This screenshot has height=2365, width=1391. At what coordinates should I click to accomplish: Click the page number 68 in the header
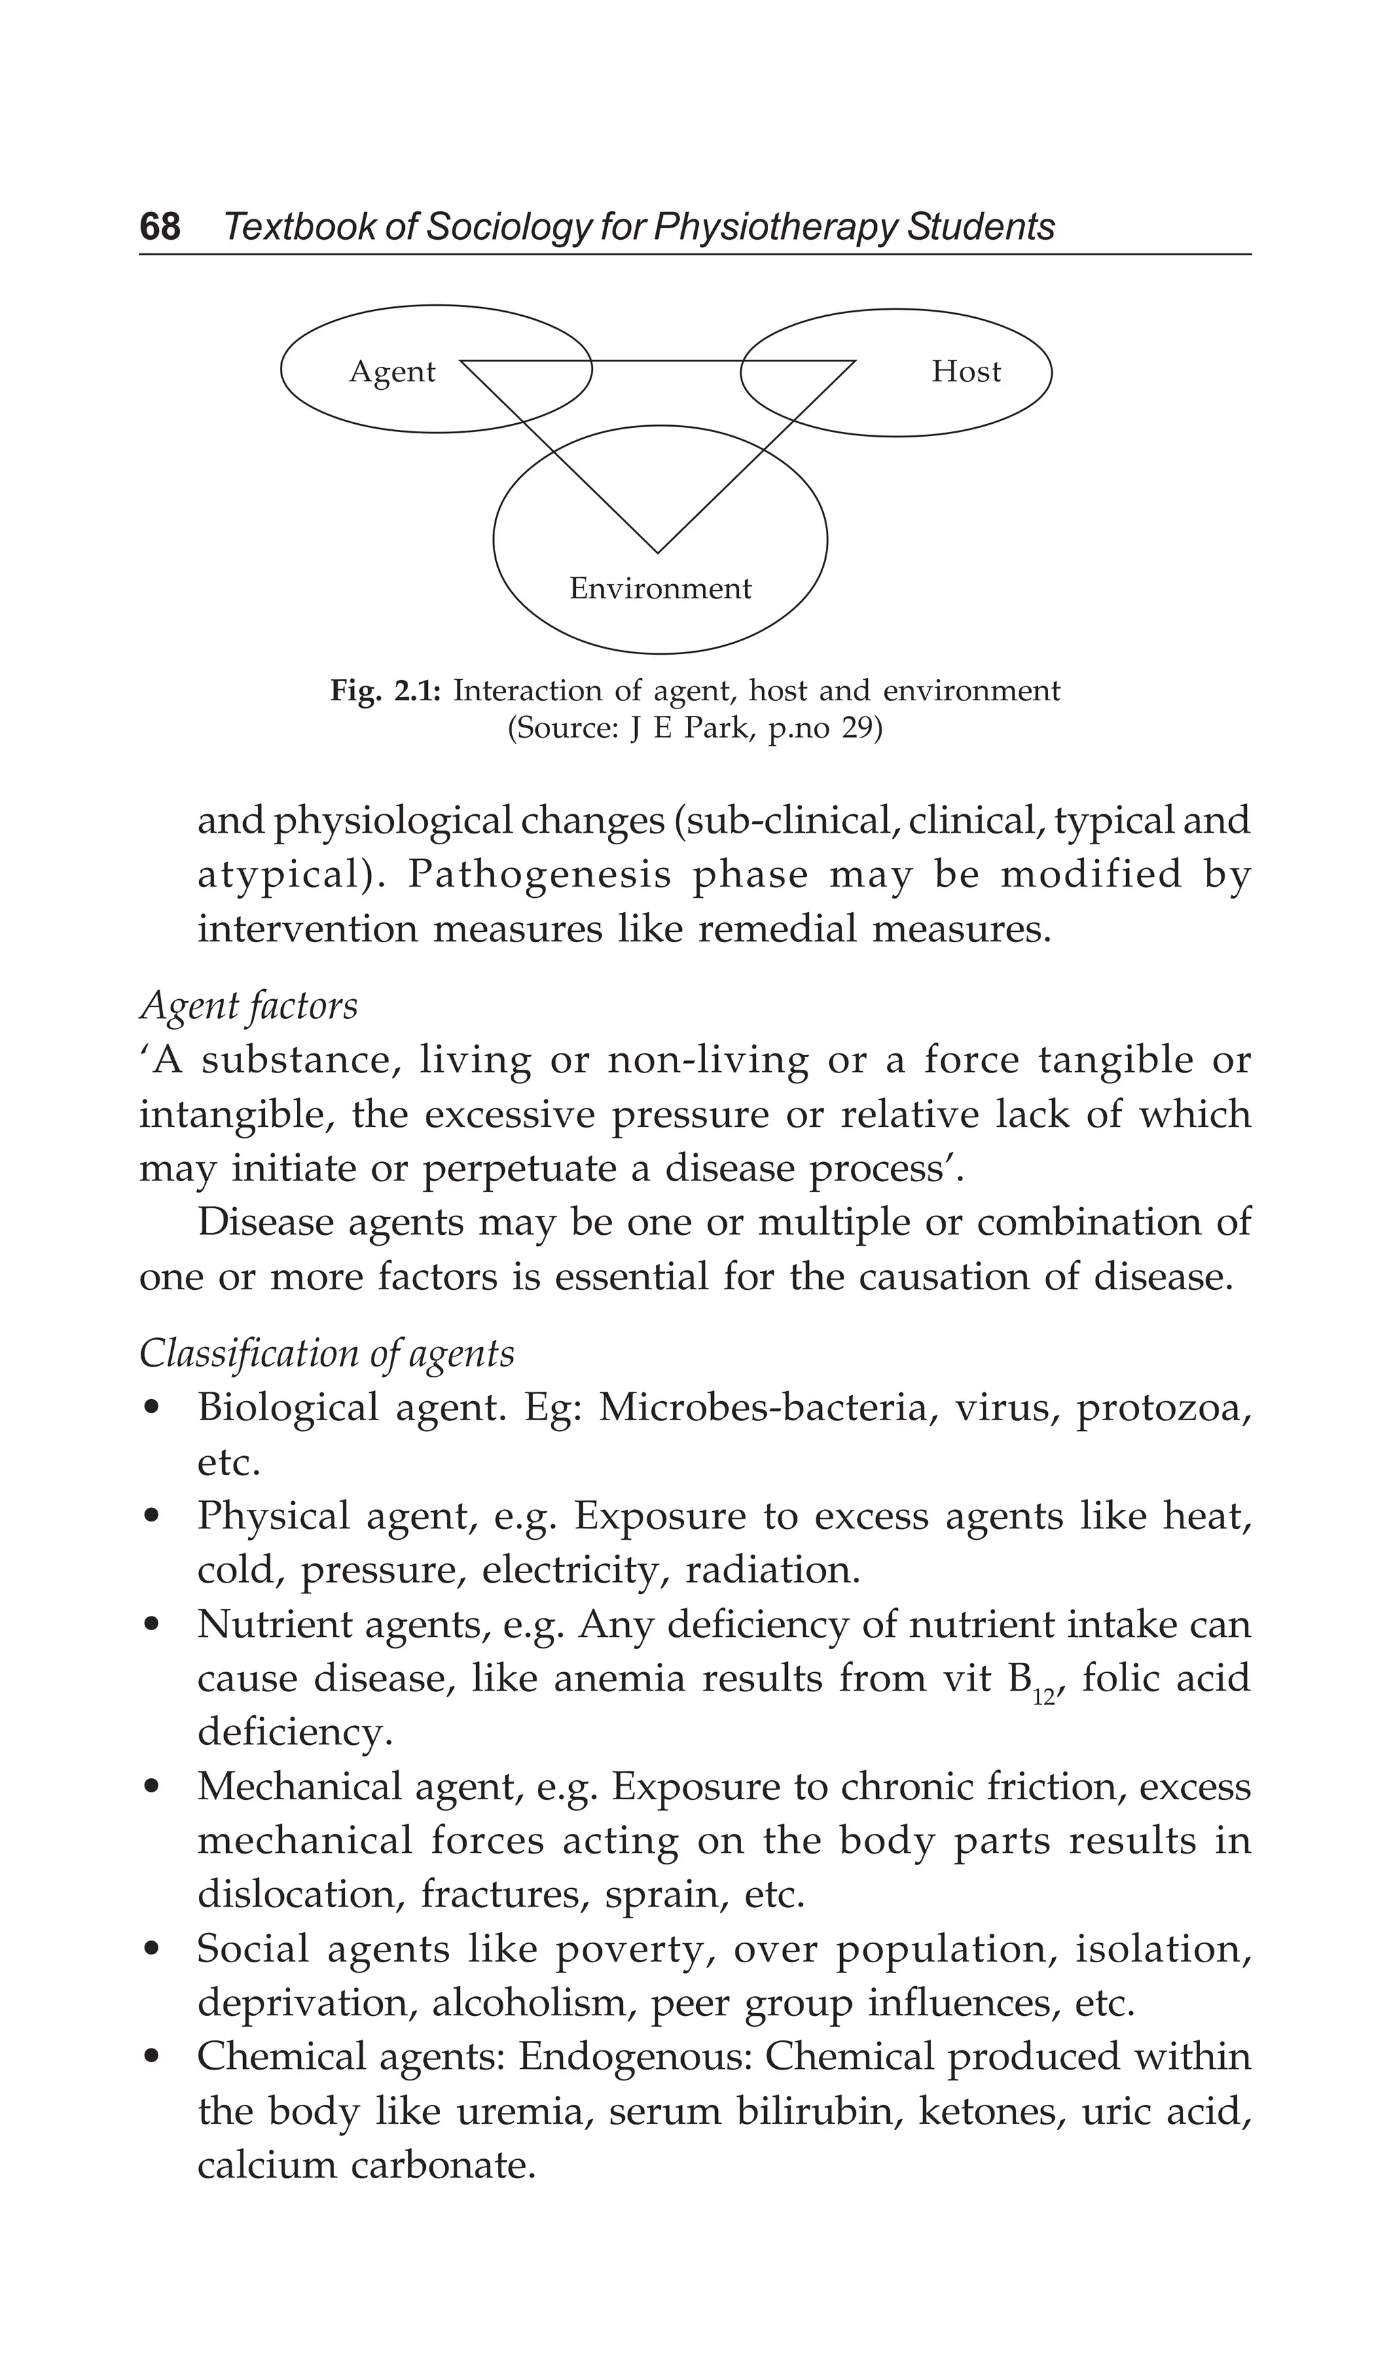click(160, 226)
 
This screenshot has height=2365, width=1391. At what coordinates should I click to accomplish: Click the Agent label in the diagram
click(393, 372)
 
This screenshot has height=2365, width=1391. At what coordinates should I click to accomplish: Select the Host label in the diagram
click(966, 372)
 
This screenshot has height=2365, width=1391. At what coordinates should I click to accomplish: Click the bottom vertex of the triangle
click(658, 552)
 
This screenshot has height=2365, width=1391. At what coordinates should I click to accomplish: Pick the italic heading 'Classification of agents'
click(327, 1352)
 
